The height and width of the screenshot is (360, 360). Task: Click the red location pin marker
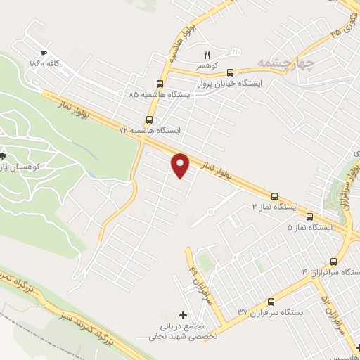tap(181, 165)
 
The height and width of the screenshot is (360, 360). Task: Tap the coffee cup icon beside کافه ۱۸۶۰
tap(44, 53)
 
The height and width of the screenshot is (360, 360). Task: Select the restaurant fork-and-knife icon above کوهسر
tap(207, 54)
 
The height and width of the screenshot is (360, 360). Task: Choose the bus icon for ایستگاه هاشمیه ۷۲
tap(148, 120)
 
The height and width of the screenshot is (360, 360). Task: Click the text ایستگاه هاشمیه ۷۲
tap(150, 131)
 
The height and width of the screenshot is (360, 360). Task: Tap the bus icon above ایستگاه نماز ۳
tap(275, 197)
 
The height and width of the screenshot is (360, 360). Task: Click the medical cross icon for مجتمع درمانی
tap(184, 315)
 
